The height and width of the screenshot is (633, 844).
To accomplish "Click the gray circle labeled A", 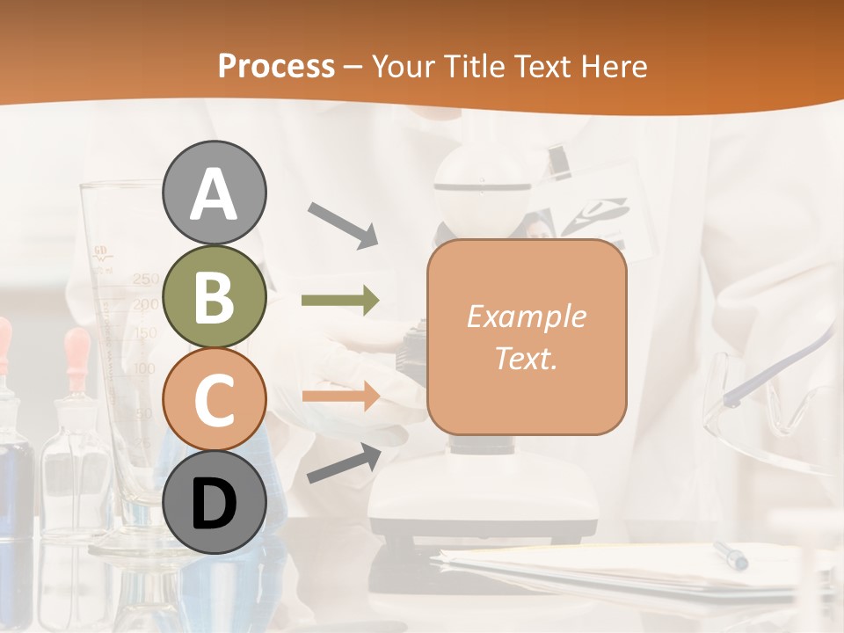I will (214, 193).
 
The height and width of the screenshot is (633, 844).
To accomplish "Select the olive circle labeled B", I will (214, 296).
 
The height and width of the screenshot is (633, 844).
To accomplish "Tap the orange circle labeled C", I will (214, 399).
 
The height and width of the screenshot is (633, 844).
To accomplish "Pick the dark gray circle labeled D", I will (214, 503).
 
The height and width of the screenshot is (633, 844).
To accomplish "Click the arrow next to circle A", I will (343, 223).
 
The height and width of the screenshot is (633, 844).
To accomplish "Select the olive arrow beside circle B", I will (340, 301).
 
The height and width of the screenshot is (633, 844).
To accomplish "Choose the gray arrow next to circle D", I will (344, 463).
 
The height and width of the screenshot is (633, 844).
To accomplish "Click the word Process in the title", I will (276, 67).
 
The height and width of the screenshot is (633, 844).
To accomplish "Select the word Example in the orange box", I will (526, 316).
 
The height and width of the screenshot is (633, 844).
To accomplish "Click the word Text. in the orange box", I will (526, 359).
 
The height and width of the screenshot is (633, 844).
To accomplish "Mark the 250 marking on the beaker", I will (146, 280).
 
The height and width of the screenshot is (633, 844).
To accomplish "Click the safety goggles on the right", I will (774, 404).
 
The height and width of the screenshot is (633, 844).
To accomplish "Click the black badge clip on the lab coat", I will (558, 162).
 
